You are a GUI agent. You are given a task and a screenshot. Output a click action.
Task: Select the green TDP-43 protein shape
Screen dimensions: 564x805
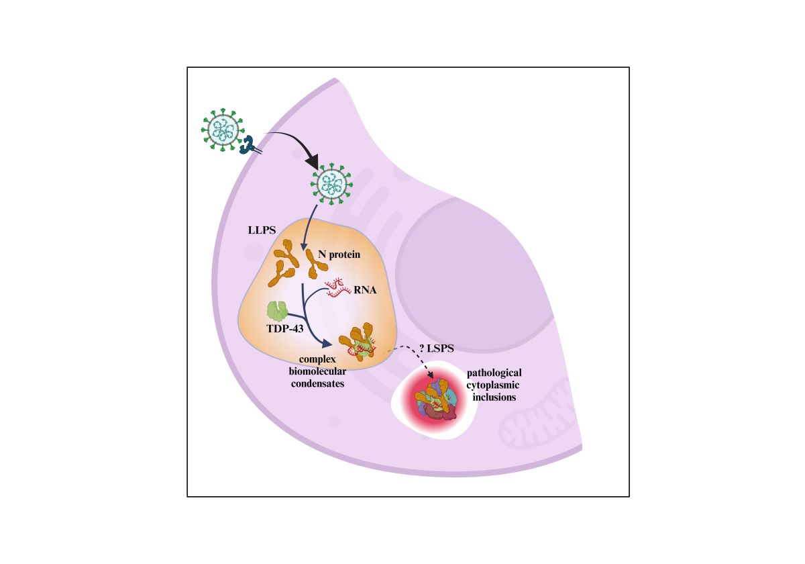(x=278, y=310)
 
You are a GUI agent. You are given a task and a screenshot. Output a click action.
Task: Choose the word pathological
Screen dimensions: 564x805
(x=494, y=373)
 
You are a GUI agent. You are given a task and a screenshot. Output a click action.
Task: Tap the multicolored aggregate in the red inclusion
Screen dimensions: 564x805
(x=435, y=402)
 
